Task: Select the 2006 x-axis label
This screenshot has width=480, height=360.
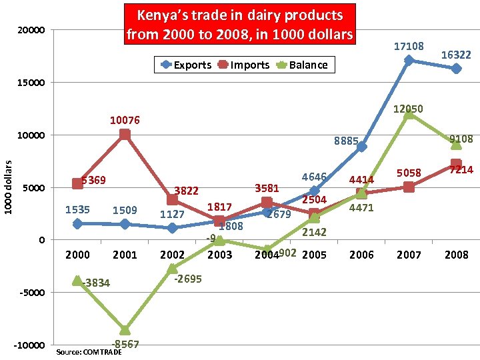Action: (x=361, y=255)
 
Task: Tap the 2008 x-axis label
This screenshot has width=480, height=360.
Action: (x=456, y=255)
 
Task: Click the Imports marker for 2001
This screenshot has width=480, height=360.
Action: (x=125, y=135)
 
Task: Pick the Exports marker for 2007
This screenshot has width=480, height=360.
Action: (x=409, y=61)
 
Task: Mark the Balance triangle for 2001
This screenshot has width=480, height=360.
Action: (x=125, y=329)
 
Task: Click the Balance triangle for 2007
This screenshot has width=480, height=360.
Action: (x=409, y=114)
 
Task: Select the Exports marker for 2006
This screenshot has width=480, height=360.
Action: (x=361, y=147)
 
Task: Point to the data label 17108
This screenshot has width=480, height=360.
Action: (x=409, y=47)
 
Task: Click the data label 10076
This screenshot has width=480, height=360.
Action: (x=125, y=121)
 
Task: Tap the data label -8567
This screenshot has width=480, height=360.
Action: (x=125, y=344)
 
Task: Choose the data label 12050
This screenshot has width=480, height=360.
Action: (x=408, y=109)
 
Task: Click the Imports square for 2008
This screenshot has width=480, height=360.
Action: (x=456, y=164)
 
